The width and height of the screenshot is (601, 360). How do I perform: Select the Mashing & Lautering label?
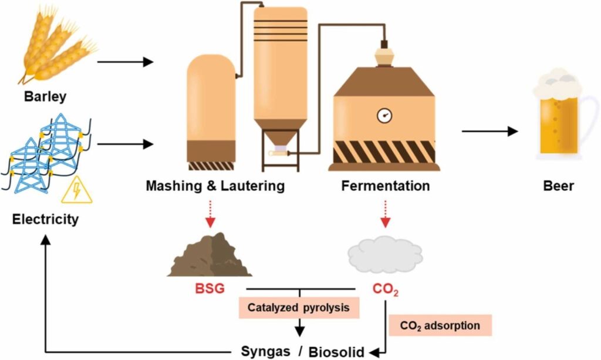(215, 187)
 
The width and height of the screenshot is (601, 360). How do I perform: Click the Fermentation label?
(386, 187)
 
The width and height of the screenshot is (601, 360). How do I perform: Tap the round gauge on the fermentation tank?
(385, 115)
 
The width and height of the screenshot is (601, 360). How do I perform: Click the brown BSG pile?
(210, 255)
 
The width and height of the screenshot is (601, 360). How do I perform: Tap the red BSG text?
(210, 289)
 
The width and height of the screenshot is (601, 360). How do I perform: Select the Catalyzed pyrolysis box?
(299, 307)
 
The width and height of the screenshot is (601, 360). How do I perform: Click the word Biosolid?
(337, 351)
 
